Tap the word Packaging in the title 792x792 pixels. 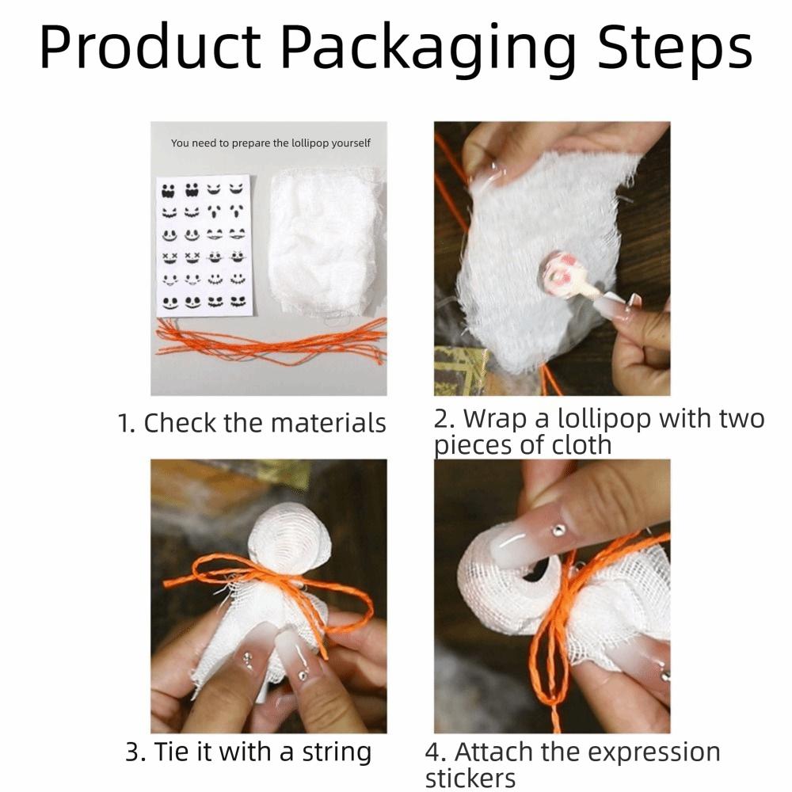428,49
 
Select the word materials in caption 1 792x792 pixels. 328,423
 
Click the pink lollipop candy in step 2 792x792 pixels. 560,274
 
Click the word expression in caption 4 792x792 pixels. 643,752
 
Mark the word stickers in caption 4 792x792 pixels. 470,778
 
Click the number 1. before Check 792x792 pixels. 127,423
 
